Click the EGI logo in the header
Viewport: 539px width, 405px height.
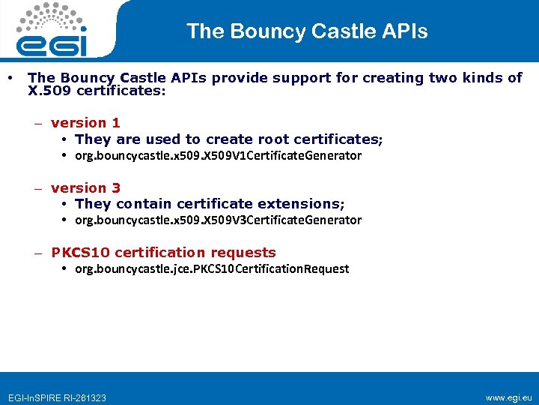click(x=52, y=31)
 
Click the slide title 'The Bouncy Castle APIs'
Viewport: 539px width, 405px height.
click(x=307, y=31)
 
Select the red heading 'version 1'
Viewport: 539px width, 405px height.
click(x=85, y=123)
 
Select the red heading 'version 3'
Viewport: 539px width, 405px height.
click(x=85, y=188)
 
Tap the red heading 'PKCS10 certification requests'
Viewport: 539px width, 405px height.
click(x=163, y=253)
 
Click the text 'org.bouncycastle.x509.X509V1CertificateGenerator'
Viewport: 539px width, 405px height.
click(x=218, y=156)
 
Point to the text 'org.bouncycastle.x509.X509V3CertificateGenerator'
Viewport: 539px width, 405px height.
click(x=218, y=220)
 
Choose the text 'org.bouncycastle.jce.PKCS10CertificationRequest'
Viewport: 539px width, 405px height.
click(x=212, y=269)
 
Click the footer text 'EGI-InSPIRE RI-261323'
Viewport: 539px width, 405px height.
click(x=57, y=397)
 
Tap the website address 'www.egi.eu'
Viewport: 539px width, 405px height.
click(x=508, y=397)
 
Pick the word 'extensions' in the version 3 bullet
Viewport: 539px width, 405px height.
click(x=302, y=204)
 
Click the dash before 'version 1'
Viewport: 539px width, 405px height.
click(x=37, y=124)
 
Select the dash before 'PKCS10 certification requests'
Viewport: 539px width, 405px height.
click(x=37, y=253)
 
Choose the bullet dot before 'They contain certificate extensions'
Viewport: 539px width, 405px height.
click(x=66, y=204)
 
